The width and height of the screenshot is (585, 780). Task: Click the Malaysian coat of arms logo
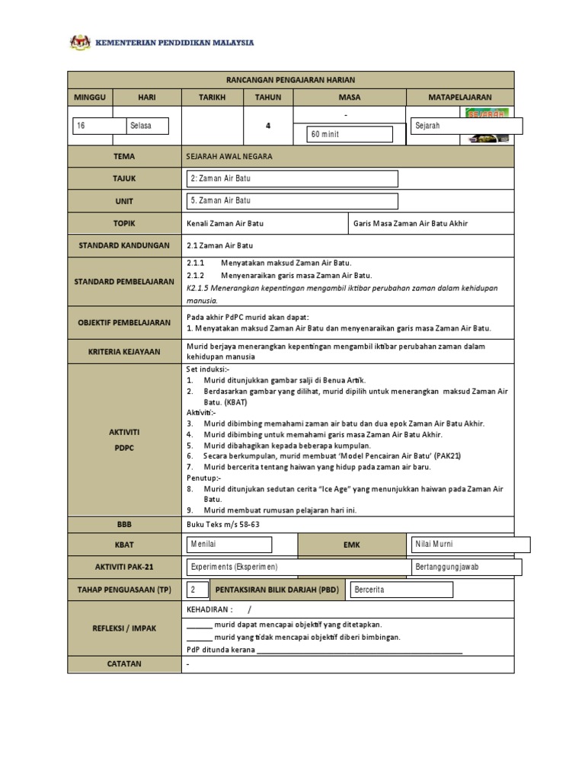tap(79, 43)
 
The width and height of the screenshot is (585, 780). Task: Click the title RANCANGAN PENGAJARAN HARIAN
tap(290, 80)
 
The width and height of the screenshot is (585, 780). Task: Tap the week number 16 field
tap(99, 126)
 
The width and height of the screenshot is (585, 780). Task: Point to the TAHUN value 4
tap(267, 126)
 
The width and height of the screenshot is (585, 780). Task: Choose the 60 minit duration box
tap(349, 134)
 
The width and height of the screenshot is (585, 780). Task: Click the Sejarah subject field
tap(465, 126)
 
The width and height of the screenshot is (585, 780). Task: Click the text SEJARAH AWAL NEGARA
tap(229, 156)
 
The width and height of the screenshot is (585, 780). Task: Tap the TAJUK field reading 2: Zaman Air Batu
tap(292, 178)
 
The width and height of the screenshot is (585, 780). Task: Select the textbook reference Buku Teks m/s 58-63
tap(222, 523)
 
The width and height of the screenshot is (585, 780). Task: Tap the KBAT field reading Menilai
tap(229, 544)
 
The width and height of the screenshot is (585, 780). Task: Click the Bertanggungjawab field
tap(465, 567)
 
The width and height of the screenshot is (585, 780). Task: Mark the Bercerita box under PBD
tap(401, 590)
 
